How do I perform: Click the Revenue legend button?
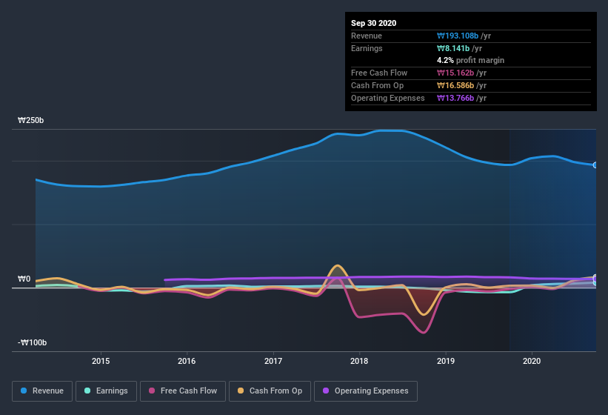tap(42, 391)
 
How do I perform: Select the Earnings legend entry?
tap(106, 391)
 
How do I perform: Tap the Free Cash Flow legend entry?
tap(183, 391)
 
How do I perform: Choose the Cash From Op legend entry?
tap(270, 391)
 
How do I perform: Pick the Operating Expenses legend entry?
tap(365, 391)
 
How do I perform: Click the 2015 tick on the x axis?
tap(101, 361)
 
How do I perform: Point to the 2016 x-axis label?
tap(187, 361)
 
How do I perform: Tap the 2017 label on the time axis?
tap(273, 361)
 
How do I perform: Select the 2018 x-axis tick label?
tap(359, 361)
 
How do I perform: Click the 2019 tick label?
tap(446, 361)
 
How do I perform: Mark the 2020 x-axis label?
tap(532, 361)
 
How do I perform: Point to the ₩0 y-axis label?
tap(24, 279)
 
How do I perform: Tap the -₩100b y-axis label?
tap(33, 342)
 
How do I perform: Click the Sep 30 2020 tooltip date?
tap(374, 23)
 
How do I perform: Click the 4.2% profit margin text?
tap(471, 60)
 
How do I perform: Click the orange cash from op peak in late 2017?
tap(338, 265)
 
